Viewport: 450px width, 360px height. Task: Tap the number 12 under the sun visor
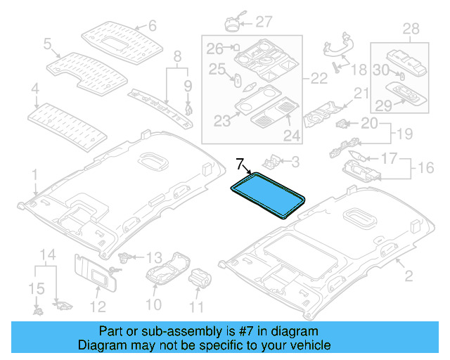[98, 306]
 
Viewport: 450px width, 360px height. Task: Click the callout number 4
[34, 89]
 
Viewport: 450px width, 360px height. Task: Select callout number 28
[410, 28]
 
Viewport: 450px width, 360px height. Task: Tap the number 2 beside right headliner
[400, 262]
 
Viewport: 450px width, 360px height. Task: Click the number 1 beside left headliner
[34, 173]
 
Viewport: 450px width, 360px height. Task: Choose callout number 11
[196, 306]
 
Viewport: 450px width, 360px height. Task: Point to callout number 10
[153, 304]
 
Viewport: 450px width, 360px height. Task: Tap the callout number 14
[46, 254]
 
